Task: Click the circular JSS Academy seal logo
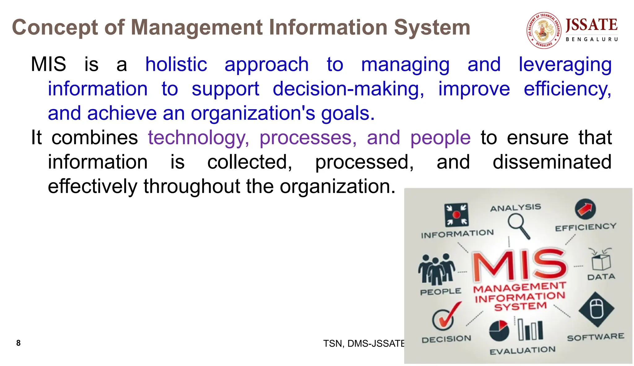pos(544,30)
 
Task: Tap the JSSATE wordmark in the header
pos(591,25)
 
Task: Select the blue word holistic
pos(176,65)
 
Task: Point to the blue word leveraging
pos(565,65)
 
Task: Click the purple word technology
pos(198,138)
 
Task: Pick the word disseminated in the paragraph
pos(552,162)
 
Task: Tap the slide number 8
pos(18,343)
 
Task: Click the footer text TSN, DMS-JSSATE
pos(363,343)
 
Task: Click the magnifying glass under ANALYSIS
pos(519,226)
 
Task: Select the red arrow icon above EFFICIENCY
pos(585,209)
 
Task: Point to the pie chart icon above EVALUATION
pos(499,330)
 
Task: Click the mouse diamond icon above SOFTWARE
pos(596,309)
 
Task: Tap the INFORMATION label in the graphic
pos(457,234)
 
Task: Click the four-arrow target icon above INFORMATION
pos(456,215)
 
